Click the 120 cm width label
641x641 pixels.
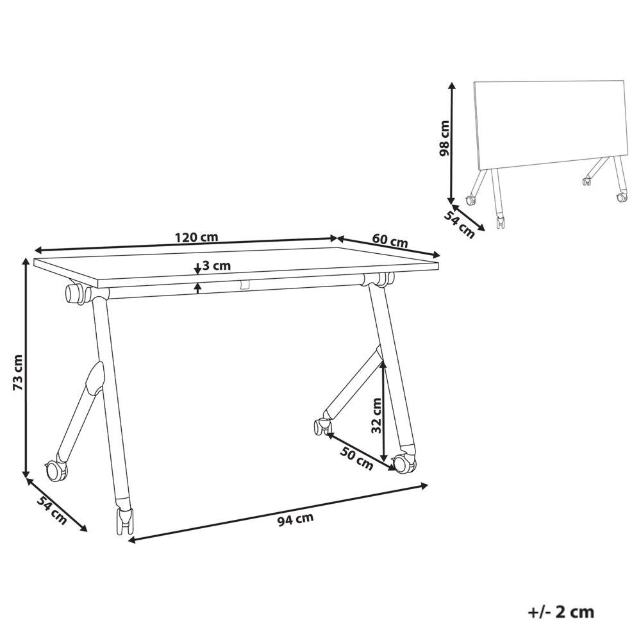coord(196,237)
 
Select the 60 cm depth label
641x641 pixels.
coord(390,242)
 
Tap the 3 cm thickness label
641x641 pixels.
coord(216,265)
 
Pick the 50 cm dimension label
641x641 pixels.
coord(356,458)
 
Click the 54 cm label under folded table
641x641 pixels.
coord(460,224)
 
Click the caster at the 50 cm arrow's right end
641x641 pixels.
coord(403,462)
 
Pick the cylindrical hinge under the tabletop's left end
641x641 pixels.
coord(76,294)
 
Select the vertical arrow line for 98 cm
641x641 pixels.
coord(453,141)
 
